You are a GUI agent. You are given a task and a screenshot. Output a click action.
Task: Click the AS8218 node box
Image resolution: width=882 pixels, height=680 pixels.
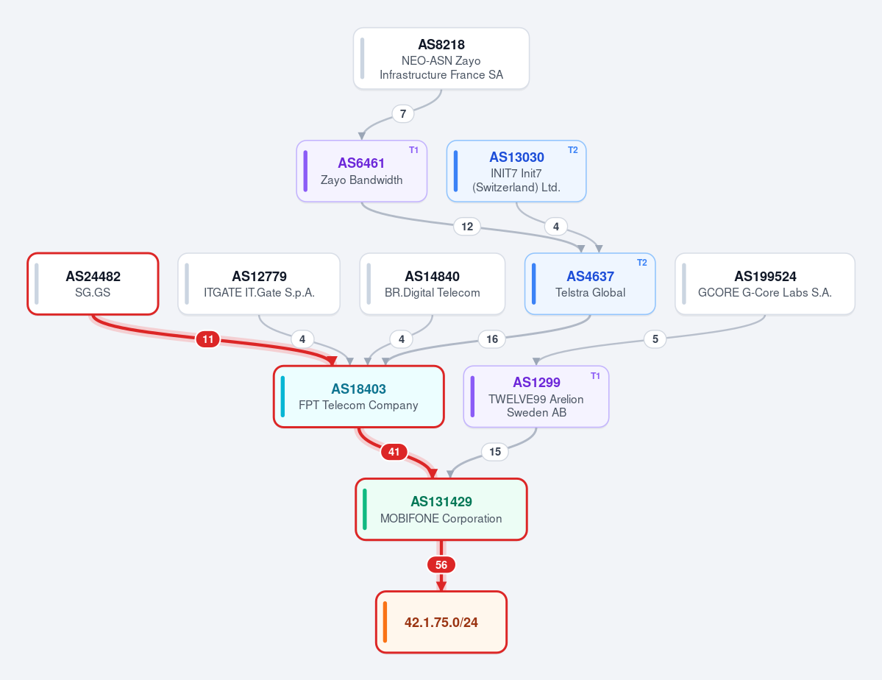pos(441,59)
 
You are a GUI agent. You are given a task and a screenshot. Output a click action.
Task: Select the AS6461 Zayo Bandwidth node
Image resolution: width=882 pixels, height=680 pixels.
pos(362,171)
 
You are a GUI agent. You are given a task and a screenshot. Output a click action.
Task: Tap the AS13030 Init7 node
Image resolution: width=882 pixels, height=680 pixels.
pos(516,171)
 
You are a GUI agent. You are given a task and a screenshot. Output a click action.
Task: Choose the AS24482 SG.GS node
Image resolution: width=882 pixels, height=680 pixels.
pos(93,284)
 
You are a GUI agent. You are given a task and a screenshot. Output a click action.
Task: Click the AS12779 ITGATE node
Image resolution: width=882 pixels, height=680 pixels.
pos(259,284)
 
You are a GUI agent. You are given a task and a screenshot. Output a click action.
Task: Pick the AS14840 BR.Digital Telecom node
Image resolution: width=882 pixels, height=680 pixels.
pos(432,284)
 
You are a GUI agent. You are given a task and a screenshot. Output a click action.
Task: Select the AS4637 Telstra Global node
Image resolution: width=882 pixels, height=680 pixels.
pos(590,284)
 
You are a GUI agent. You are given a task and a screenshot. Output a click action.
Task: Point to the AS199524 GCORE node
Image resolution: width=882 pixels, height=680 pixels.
pos(765,284)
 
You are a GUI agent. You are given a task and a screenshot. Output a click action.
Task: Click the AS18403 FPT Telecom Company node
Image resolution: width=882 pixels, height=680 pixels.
pos(359,397)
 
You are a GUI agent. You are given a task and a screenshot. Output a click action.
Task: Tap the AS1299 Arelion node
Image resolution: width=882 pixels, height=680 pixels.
pos(536,397)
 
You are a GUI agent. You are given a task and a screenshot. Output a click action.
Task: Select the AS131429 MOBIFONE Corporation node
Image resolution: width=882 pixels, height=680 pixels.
pos(441,509)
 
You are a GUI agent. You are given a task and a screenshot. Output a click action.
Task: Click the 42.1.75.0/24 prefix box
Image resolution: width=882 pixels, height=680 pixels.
pos(441,622)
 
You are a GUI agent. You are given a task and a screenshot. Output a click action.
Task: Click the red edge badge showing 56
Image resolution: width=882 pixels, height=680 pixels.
pos(441,564)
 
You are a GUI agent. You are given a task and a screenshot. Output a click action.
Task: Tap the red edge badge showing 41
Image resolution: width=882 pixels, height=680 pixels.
pos(394,451)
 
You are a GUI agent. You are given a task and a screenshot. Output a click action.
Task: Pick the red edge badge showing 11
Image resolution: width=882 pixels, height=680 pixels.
pos(208,339)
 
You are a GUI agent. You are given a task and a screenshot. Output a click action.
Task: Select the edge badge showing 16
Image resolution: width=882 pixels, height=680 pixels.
pos(492,339)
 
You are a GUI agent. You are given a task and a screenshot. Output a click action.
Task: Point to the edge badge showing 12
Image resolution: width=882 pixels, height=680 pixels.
pos(467,226)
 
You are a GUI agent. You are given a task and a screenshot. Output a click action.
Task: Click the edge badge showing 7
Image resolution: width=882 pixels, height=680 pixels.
pos(403,114)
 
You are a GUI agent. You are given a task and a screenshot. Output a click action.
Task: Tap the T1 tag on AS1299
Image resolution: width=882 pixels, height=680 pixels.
pos(595,375)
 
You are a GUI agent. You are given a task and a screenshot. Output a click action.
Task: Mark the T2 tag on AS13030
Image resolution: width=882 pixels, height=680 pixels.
pos(572,149)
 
